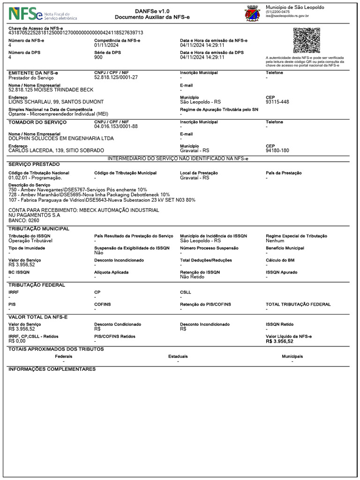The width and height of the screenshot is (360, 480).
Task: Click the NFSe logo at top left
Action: (x=42, y=14)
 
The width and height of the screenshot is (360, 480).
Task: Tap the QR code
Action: (x=307, y=40)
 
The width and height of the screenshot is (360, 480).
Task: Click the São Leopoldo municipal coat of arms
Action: (x=253, y=14)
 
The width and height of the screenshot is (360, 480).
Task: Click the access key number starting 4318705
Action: (x=76, y=33)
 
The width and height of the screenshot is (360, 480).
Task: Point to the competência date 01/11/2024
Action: (x=107, y=45)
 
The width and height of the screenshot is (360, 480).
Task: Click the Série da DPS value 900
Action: (x=98, y=58)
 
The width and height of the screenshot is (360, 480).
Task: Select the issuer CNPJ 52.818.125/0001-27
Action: (x=116, y=77)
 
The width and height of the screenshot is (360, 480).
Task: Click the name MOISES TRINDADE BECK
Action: (x=51, y=90)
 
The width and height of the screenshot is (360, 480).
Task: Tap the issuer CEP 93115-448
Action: (x=277, y=102)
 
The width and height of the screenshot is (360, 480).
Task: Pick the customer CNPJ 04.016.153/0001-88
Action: (x=116, y=127)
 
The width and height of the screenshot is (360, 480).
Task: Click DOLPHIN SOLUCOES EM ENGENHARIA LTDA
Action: (x=61, y=139)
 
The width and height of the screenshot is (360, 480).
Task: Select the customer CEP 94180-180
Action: (x=277, y=151)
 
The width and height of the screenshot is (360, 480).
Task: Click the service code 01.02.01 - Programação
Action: (x=35, y=178)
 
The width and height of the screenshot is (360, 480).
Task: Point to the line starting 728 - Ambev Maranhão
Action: (x=89, y=195)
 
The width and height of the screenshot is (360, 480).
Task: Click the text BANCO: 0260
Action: (x=24, y=220)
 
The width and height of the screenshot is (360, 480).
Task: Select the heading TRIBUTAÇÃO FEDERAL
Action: (x=37, y=285)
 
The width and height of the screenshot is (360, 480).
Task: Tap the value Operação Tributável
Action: (x=30, y=240)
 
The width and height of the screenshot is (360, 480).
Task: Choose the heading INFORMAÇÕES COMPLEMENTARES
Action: (x=52, y=369)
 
